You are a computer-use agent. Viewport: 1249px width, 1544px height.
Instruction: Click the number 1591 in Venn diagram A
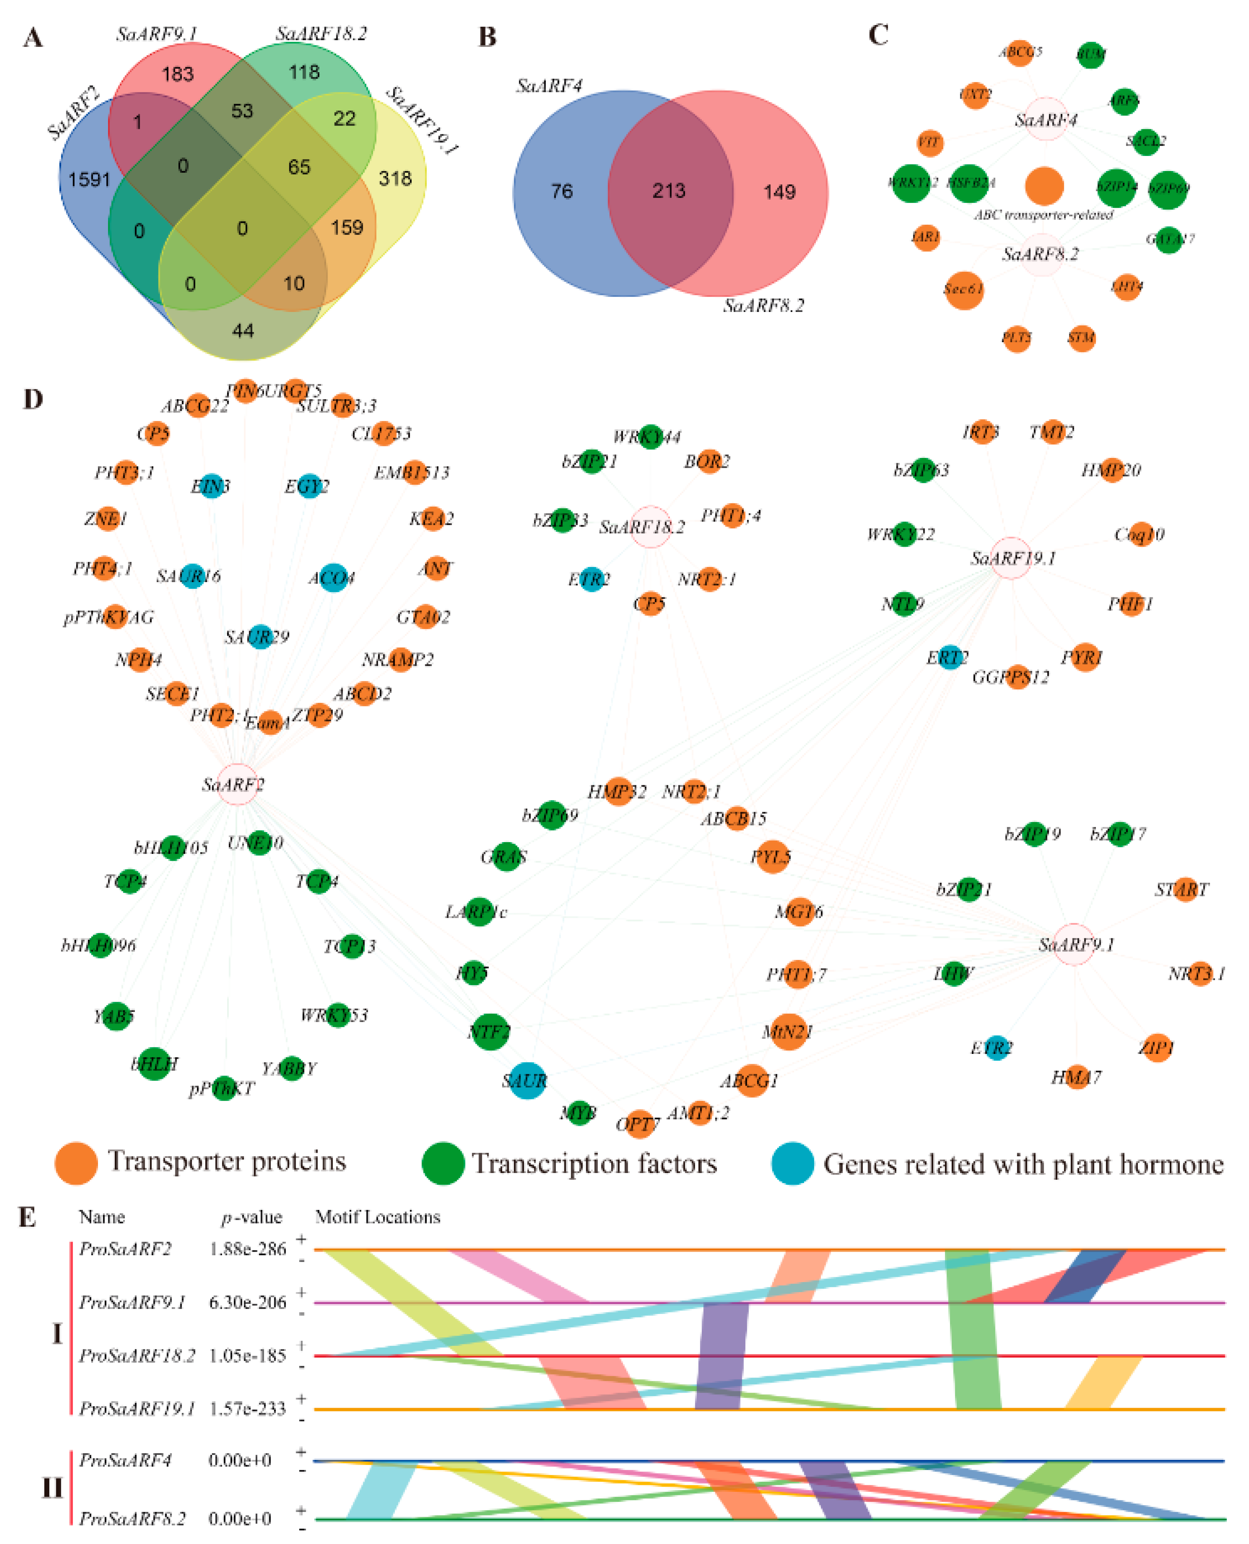coord(89,179)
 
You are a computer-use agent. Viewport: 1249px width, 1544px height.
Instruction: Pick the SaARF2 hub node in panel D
coord(238,784)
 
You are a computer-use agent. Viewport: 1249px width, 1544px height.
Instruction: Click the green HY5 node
coord(473,973)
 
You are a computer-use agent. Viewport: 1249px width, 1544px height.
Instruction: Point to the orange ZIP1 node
coord(1157,1047)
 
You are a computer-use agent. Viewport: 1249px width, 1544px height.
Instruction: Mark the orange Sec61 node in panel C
coord(964,290)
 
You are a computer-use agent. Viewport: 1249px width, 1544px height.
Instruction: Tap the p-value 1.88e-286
coord(248,1249)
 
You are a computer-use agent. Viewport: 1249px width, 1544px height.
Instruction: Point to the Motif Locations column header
coord(378,1217)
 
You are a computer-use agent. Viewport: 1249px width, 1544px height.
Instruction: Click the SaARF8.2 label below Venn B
coord(763,306)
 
